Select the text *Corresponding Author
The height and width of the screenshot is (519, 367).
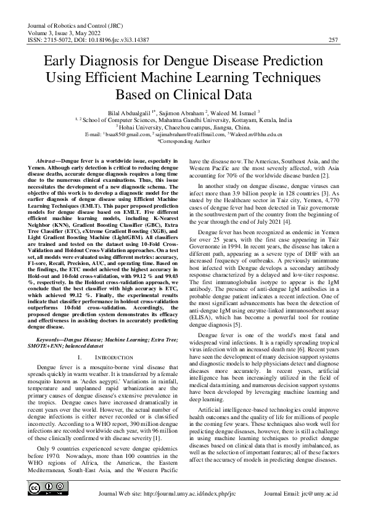coord(183,141)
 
